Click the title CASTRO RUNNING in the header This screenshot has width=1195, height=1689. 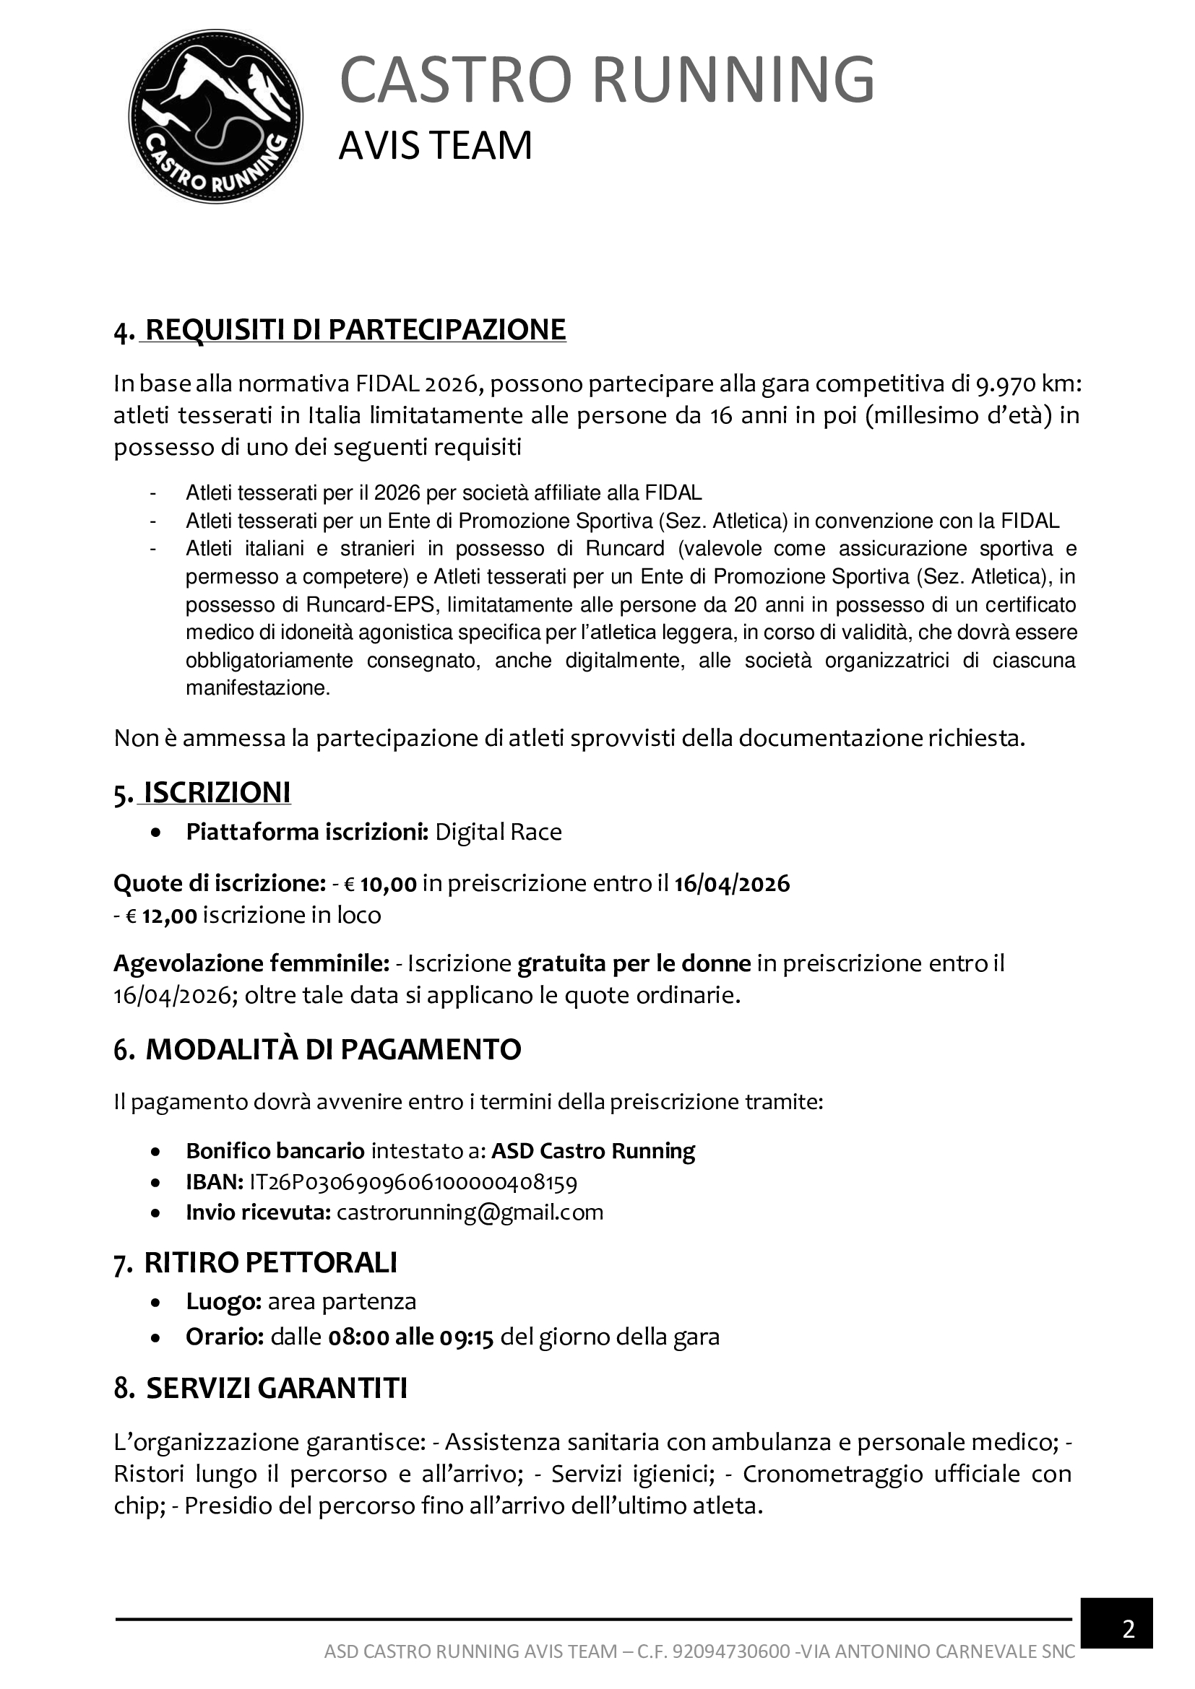tap(606, 79)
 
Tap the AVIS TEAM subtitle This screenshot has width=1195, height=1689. tap(435, 146)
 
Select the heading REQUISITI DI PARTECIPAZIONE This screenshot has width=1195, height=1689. tap(355, 329)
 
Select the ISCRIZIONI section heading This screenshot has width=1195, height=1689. tap(217, 792)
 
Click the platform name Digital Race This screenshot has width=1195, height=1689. tap(499, 832)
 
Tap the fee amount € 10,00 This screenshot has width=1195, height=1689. tap(381, 882)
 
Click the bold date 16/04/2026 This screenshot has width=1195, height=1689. tap(731, 882)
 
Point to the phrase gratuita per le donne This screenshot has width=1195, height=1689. tap(634, 963)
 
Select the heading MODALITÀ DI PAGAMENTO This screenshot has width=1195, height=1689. tap(333, 1049)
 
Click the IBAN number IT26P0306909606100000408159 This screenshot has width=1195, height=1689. tap(413, 1182)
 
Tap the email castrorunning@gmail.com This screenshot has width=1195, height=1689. tap(470, 1212)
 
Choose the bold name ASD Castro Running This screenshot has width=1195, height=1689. tap(592, 1150)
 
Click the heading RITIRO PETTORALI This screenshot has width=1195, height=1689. tap(270, 1262)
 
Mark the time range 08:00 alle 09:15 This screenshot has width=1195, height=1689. tap(410, 1337)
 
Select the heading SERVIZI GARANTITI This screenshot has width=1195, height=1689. tap(277, 1388)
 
